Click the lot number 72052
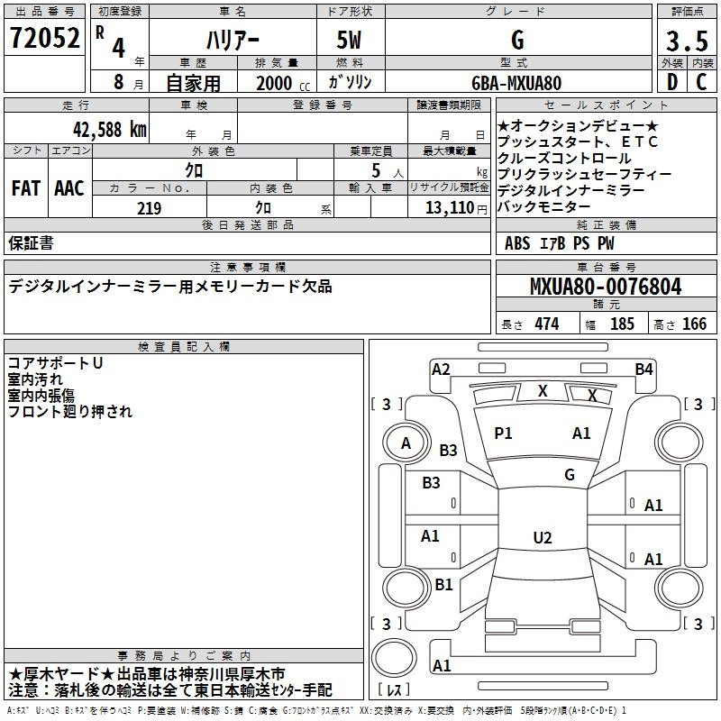[x=44, y=38]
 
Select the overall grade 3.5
[x=687, y=41]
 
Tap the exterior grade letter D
[x=672, y=82]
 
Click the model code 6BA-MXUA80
[x=516, y=83]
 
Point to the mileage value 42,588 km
[x=110, y=130]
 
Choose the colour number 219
[x=149, y=208]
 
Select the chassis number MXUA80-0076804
[x=606, y=287]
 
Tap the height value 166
[x=694, y=324]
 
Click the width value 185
[x=622, y=324]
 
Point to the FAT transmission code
[x=26, y=188]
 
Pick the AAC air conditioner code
[x=69, y=188]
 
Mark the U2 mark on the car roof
[x=543, y=537]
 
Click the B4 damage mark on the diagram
[x=643, y=370]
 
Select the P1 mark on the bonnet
[x=503, y=434]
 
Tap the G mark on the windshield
[x=570, y=474]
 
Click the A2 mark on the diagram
[x=441, y=370]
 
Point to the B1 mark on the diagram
[x=443, y=584]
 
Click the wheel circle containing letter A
[x=406, y=443]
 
